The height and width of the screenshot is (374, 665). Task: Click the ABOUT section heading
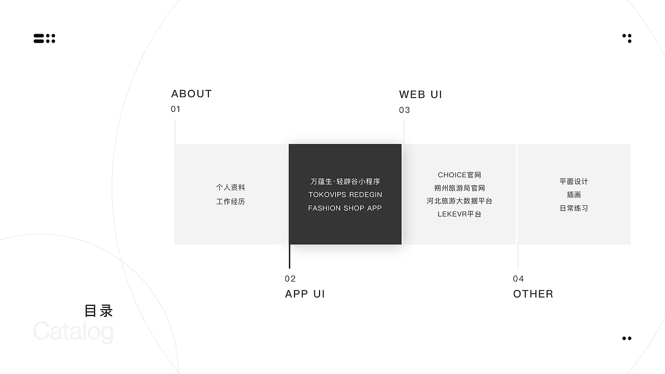coord(192,94)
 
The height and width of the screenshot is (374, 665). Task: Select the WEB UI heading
coord(421,95)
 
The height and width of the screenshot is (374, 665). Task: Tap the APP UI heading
coord(305,294)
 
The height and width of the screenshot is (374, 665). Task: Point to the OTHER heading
coord(533,294)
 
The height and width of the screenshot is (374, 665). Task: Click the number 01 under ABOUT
coord(176,109)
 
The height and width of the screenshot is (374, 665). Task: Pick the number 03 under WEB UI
coord(404,110)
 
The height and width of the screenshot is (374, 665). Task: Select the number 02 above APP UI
coord(290,279)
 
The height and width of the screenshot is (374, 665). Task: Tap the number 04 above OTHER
coord(518,279)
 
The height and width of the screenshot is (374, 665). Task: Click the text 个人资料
coord(231,188)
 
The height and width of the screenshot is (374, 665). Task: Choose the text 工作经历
coord(231,202)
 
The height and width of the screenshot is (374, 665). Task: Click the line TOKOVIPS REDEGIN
coord(345,195)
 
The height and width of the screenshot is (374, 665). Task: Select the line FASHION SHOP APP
coord(345,208)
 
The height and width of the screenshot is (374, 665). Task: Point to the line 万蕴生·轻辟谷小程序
coord(345,181)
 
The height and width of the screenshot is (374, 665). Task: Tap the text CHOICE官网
coord(460,175)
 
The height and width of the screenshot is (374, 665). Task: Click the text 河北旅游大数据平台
coord(460,201)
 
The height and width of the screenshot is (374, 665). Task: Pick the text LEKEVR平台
coord(460,214)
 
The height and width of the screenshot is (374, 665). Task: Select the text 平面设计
coord(574,181)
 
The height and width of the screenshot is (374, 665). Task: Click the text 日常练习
coord(574,208)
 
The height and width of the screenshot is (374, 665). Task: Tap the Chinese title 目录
coord(99,311)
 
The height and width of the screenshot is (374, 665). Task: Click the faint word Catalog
coord(73,331)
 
